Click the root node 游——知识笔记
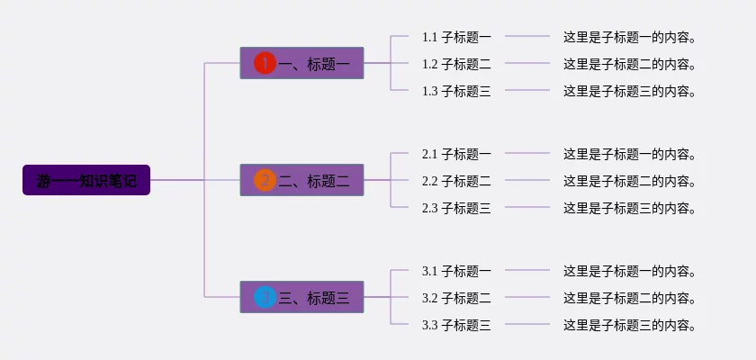coord(86,180)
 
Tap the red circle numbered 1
coord(265,63)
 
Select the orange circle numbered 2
coord(265,180)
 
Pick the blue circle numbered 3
coord(265,297)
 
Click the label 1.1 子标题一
coord(456,37)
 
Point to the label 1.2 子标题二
coord(456,64)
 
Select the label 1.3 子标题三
coord(456,91)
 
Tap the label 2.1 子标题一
coord(456,154)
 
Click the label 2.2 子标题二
coord(456,181)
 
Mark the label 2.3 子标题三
coord(456,208)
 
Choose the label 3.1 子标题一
coord(456,271)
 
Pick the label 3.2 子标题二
coord(456,298)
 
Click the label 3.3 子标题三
coord(456,325)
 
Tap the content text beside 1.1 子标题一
coord(631,37)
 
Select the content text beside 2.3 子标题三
coord(631,208)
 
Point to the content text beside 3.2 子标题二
coord(631,298)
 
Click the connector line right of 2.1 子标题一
coord(527,153)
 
